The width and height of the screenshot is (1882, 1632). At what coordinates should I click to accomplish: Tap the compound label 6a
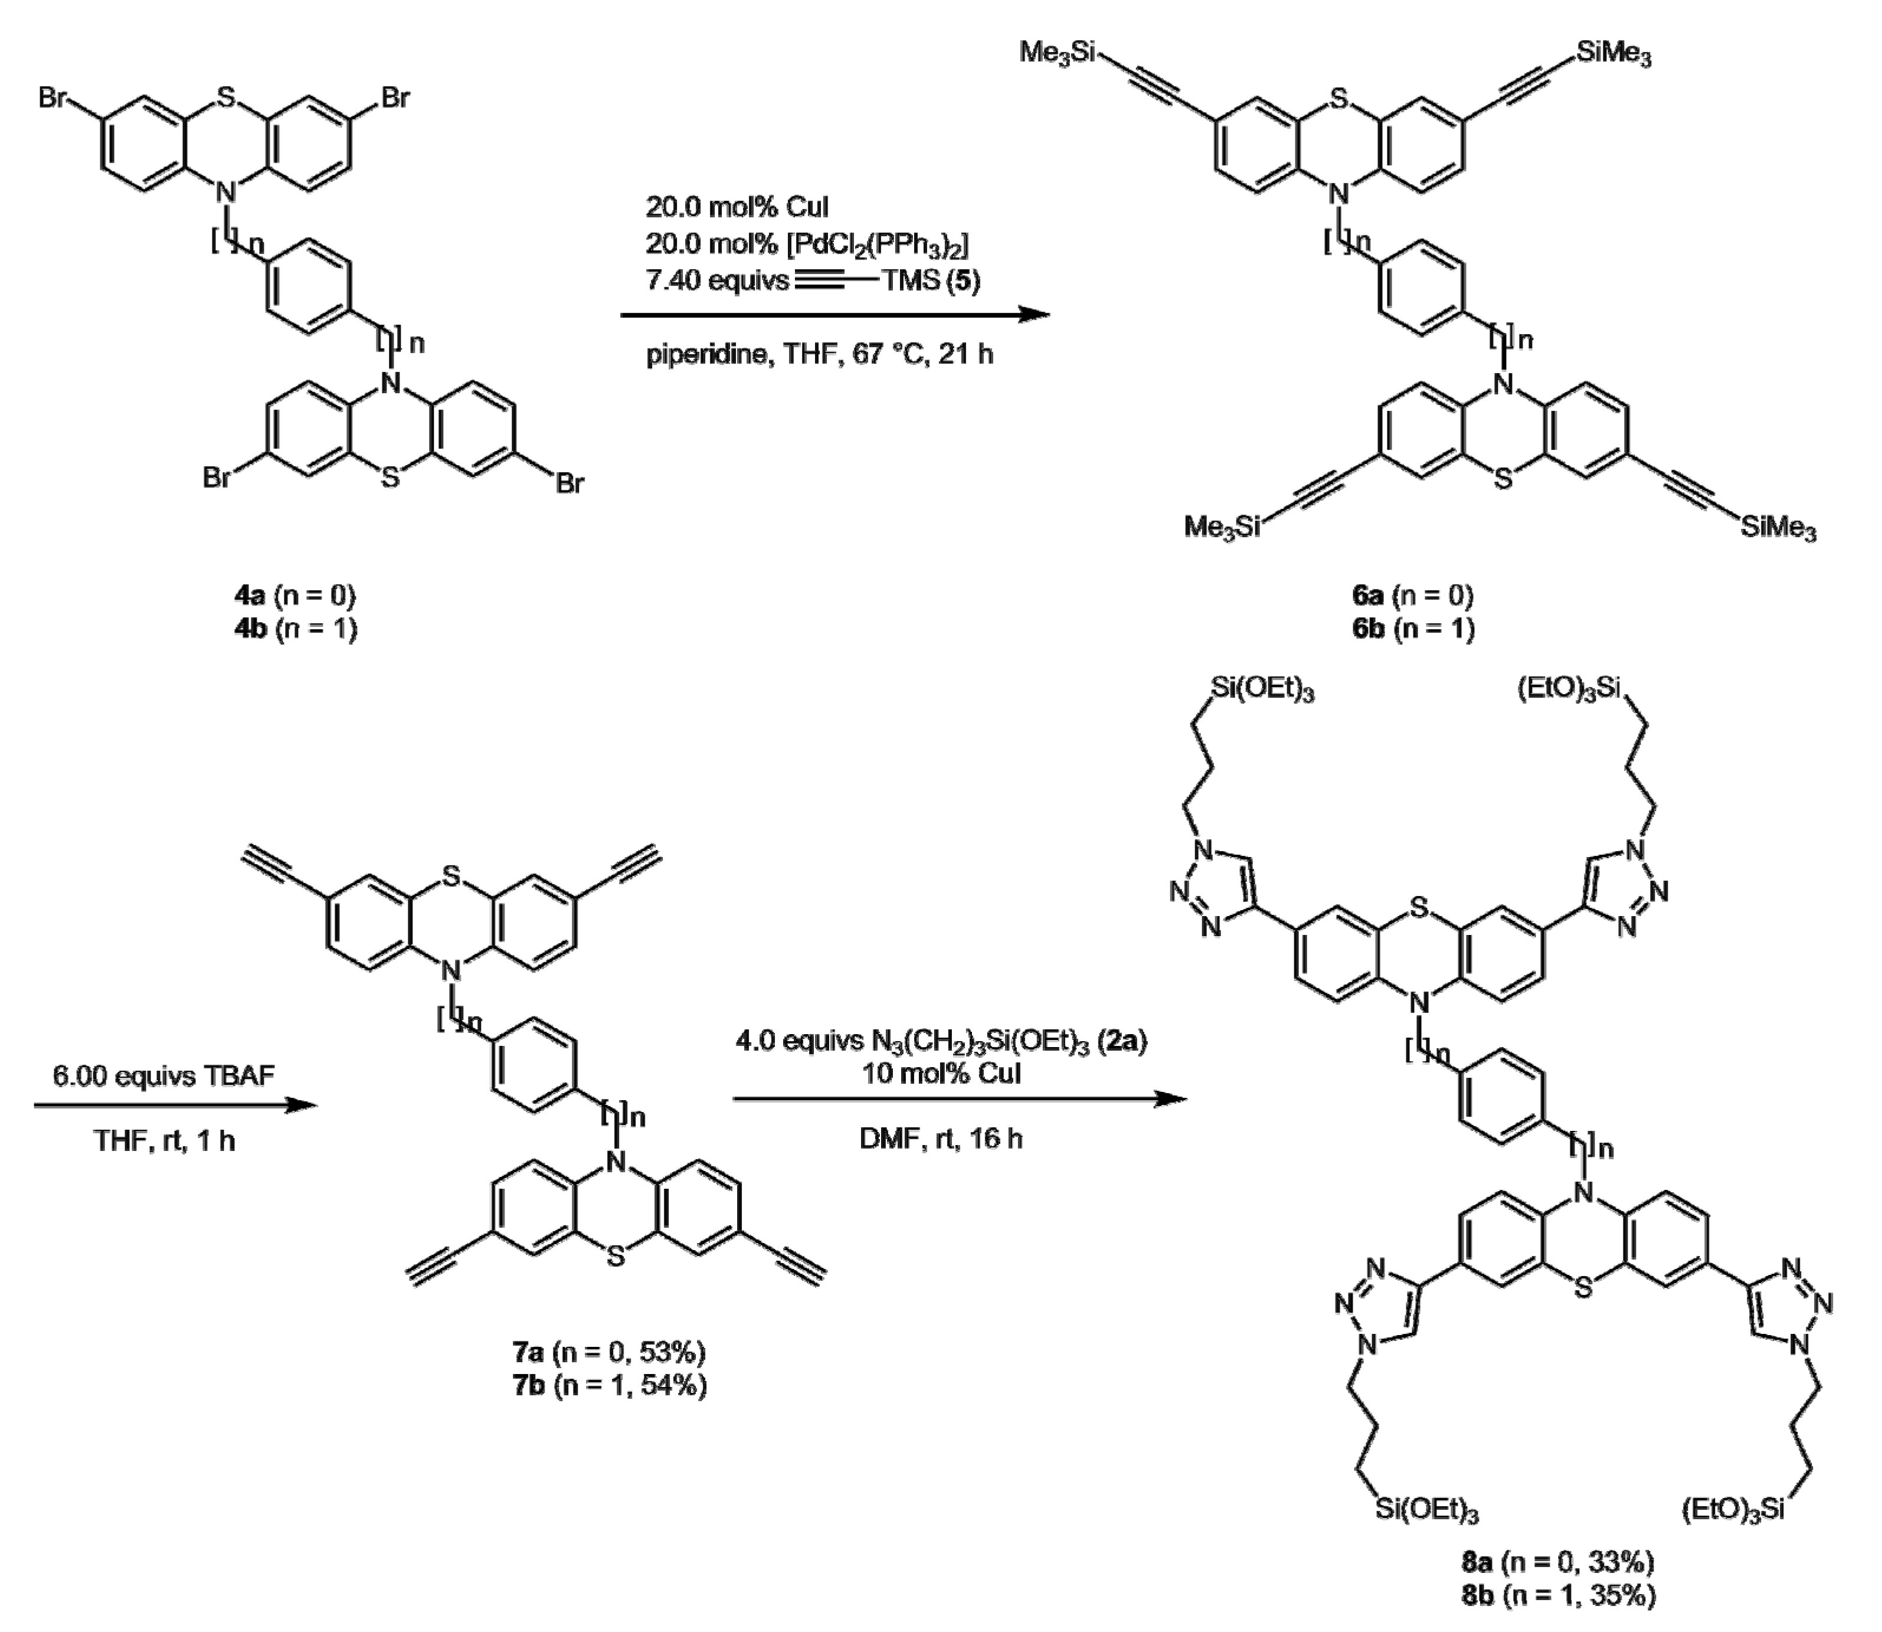click(1412, 597)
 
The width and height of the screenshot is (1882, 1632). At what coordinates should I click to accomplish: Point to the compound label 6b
click(1412, 629)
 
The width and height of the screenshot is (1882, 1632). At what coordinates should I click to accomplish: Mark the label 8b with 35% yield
click(1558, 1595)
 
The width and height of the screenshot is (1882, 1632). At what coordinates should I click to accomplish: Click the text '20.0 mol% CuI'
click(737, 208)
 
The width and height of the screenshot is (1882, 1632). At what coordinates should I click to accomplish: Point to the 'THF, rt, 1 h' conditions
click(164, 1140)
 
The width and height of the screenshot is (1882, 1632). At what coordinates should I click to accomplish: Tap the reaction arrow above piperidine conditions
click(834, 316)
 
